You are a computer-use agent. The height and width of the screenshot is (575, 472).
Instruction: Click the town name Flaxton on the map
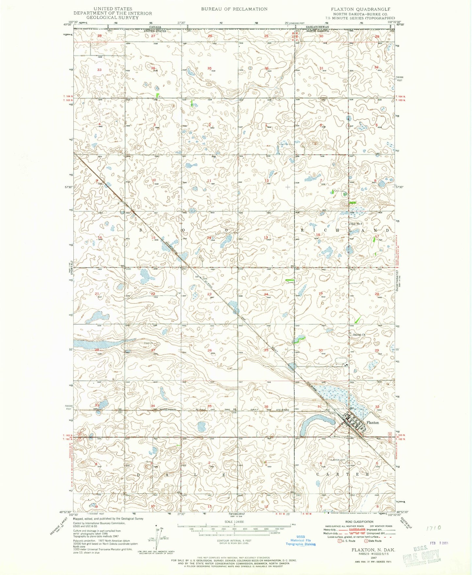372,422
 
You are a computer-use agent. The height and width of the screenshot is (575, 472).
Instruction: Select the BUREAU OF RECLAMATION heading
234,9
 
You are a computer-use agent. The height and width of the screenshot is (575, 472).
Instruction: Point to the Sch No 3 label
356,224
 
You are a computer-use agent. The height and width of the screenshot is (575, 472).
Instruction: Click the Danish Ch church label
359,334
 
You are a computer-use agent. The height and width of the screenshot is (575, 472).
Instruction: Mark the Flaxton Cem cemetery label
338,460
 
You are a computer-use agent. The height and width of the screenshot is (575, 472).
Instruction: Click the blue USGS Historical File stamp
301,540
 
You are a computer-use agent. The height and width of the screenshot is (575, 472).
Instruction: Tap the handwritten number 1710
434,528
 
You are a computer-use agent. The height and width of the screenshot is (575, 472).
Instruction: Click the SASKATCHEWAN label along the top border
317,27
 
